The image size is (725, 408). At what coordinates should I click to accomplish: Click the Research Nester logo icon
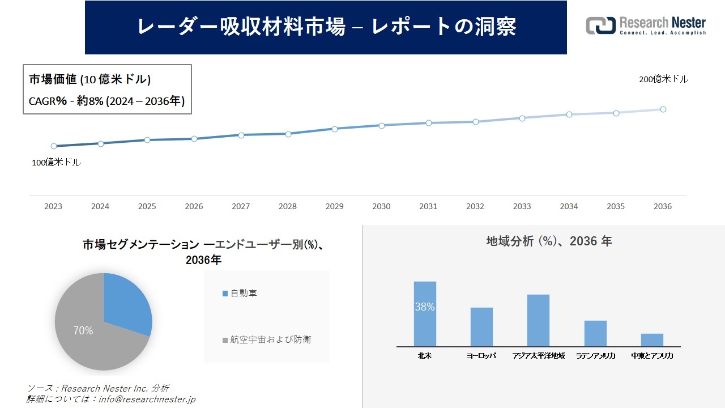pyautogui.click(x=600, y=25)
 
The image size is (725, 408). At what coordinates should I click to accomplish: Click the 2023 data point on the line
pyautogui.click(x=54, y=146)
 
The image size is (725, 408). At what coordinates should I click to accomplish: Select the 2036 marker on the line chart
pyautogui.click(x=663, y=109)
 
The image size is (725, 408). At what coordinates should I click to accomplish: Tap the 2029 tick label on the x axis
pyautogui.click(x=334, y=207)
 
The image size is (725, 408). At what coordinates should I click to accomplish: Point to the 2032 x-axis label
pyautogui.click(x=475, y=207)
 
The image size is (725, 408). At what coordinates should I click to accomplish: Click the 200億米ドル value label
pyautogui.click(x=663, y=80)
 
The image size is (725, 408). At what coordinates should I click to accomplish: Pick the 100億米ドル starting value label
pyautogui.click(x=56, y=163)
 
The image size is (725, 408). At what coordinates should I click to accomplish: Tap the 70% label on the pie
pyautogui.click(x=83, y=331)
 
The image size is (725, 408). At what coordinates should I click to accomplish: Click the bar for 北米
pyautogui.click(x=425, y=314)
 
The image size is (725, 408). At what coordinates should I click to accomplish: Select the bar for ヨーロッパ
pyautogui.click(x=481, y=327)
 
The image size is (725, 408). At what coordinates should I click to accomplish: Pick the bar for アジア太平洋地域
pyautogui.click(x=538, y=320)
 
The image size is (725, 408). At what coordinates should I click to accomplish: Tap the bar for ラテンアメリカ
pyautogui.click(x=595, y=333)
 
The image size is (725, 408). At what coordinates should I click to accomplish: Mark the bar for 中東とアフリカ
pyautogui.click(x=652, y=340)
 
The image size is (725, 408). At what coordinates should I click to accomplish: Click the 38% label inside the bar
pyautogui.click(x=425, y=307)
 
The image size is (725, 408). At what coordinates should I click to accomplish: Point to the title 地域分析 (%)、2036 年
pyautogui.click(x=549, y=241)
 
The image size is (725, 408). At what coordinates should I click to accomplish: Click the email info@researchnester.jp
pyautogui.click(x=146, y=399)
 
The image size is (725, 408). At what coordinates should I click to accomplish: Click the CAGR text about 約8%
pyautogui.click(x=106, y=101)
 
